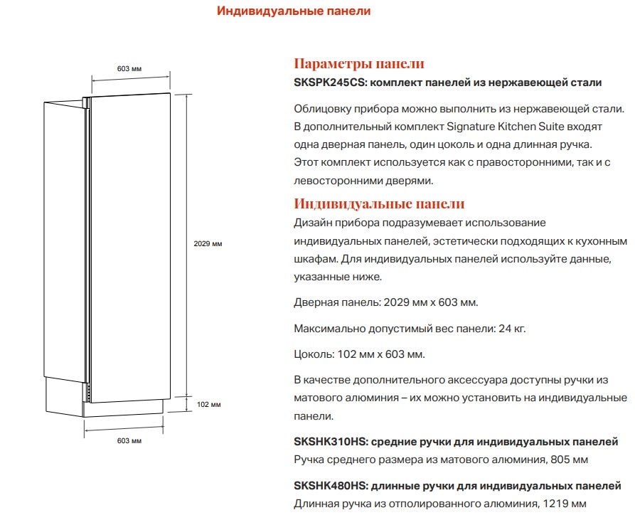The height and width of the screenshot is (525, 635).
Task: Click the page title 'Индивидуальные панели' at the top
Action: tap(294, 11)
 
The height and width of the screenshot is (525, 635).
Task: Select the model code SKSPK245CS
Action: tap(329, 83)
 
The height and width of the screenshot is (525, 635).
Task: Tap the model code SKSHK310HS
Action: tap(329, 442)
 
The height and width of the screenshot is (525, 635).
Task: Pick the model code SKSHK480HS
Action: tap(330, 486)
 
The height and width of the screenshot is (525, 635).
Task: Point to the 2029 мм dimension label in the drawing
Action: tap(208, 244)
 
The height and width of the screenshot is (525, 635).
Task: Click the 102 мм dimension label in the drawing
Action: tap(208, 405)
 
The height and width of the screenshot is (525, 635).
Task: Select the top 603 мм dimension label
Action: tap(129, 68)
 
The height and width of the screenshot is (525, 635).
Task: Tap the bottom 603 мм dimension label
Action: tap(129, 441)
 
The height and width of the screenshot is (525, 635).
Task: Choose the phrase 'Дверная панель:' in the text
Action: tap(336, 302)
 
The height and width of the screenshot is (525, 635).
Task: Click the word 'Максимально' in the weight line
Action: tap(329, 329)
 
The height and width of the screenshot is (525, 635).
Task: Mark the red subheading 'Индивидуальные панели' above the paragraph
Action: tap(379, 205)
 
